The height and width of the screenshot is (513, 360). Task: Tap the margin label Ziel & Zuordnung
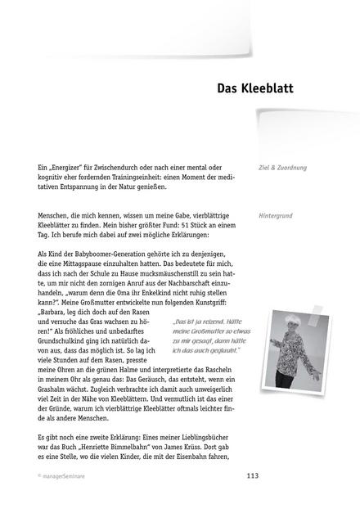tap(281, 168)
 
